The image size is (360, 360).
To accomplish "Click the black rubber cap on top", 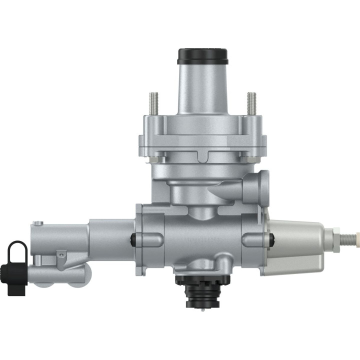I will click(x=203, y=55).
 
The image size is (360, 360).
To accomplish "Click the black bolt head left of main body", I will click(x=133, y=239).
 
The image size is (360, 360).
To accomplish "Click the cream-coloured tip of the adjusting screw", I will click(x=356, y=235).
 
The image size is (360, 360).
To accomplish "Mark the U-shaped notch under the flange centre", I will click(x=203, y=157).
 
